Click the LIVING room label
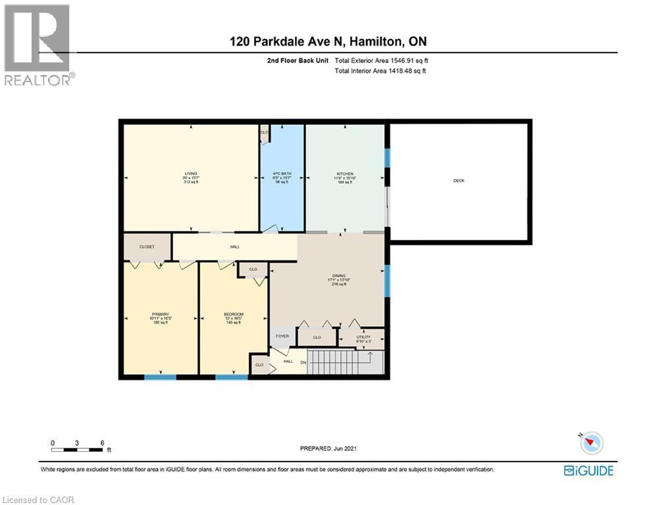(x=191, y=174)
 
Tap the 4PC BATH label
(x=282, y=174)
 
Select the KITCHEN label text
(x=345, y=174)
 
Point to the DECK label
(x=459, y=180)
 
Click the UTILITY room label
(x=363, y=336)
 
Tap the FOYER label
(x=282, y=336)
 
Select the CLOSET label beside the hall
(x=147, y=247)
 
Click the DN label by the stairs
(x=303, y=362)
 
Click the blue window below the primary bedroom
(x=161, y=377)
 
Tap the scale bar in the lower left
(x=78, y=450)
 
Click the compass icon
(x=590, y=443)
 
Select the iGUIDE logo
(x=589, y=470)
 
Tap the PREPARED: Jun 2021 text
(x=328, y=448)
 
